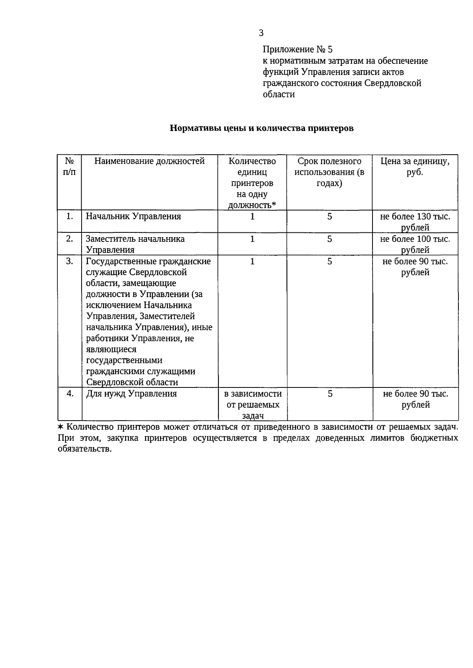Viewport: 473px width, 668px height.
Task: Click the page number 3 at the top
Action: pyautogui.click(x=261, y=33)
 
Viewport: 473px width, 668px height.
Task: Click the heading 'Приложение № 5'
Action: pyautogui.click(x=298, y=50)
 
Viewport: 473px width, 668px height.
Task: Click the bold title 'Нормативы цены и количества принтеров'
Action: pyautogui.click(x=261, y=128)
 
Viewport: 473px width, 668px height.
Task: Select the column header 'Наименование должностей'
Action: pyautogui.click(x=149, y=161)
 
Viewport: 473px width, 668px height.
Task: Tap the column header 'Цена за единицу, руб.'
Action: pyautogui.click(x=415, y=167)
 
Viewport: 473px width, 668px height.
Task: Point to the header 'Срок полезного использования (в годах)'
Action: pyautogui.click(x=329, y=172)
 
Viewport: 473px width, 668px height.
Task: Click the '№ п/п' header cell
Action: pyautogui.click(x=69, y=167)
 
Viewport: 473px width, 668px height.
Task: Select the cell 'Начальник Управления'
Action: pyautogui.click(x=133, y=216)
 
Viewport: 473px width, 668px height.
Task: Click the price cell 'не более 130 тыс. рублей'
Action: pyautogui.click(x=415, y=221)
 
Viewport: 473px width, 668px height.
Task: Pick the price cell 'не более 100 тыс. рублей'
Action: pyautogui.click(x=415, y=244)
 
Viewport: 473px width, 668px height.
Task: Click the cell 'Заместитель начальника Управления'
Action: pyautogui.click(x=135, y=244)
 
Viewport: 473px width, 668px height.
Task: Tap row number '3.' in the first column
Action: pyautogui.click(x=69, y=261)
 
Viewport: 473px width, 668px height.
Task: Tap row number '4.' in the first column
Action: pyautogui.click(x=70, y=393)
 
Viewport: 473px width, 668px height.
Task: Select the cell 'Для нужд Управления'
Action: pyautogui.click(x=131, y=393)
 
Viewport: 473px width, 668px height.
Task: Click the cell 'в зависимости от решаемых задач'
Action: pyautogui.click(x=253, y=404)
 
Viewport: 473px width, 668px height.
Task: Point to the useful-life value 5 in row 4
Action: pyautogui.click(x=330, y=393)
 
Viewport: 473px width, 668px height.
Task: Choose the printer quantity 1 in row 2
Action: pyautogui.click(x=252, y=239)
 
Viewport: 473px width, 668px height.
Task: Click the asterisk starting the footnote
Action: pyautogui.click(x=60, y=427)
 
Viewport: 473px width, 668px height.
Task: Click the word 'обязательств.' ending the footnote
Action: pyautogui.click(x=85, y=449)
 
